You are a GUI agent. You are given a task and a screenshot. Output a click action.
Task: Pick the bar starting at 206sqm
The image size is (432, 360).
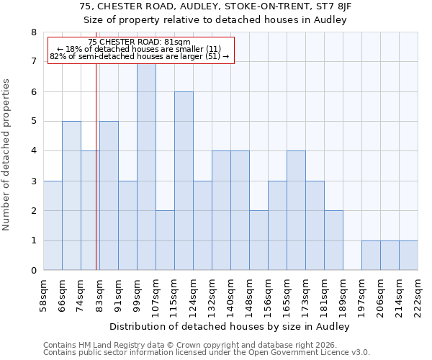(x=390, y=256)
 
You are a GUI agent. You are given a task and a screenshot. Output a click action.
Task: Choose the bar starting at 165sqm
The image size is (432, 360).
(x=296, y=211)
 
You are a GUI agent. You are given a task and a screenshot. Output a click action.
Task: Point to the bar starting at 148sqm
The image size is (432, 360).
(x=258, y=240)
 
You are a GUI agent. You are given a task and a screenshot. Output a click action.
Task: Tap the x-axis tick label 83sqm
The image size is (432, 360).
(x=99, y=294)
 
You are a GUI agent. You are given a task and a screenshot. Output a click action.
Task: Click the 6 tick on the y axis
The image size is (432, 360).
(x=33, y=91)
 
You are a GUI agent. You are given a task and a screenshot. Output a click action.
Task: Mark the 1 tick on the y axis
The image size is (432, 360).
(x=33, y=241)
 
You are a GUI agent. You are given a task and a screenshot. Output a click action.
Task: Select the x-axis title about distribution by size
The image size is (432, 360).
(x=230, y=327)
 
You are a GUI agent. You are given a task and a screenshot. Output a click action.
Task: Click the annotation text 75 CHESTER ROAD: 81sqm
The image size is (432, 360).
(x=140, y=42)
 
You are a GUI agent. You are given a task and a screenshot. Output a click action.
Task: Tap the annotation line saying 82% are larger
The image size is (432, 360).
(x=140, y=56)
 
